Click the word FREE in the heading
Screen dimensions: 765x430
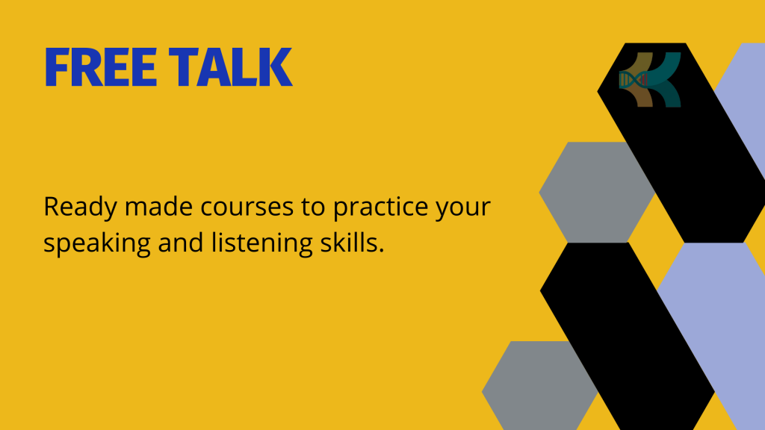(101, 66)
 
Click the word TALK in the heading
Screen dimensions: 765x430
(230, 66)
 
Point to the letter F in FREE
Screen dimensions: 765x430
(57, 66)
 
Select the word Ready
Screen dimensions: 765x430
(81, 208)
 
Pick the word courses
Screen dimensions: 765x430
(247, 208)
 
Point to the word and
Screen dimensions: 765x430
(181, 243)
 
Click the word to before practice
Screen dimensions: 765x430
(313, 208)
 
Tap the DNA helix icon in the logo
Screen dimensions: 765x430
(634, 79)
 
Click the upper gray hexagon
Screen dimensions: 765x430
(597, 192)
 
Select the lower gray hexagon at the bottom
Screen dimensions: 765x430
(539, 385)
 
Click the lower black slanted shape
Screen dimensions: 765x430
(628, 337)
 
